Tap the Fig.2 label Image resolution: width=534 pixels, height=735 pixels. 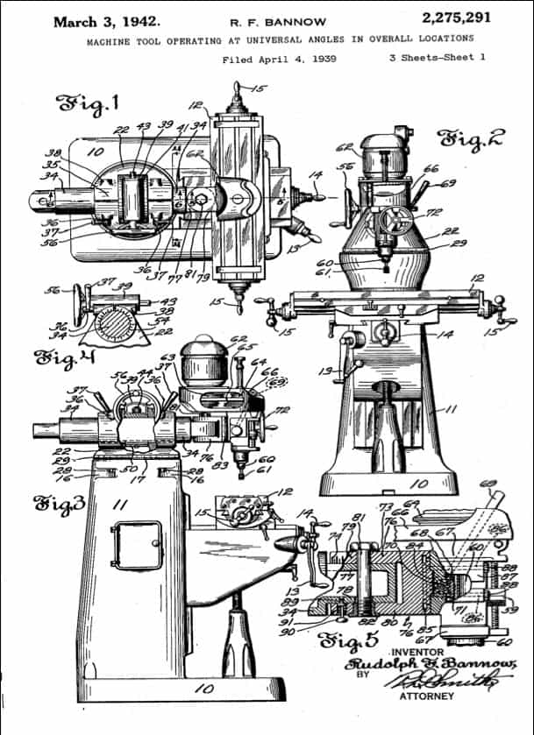coord(473,138)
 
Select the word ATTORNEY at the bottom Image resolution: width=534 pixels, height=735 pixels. coord(427,696)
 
